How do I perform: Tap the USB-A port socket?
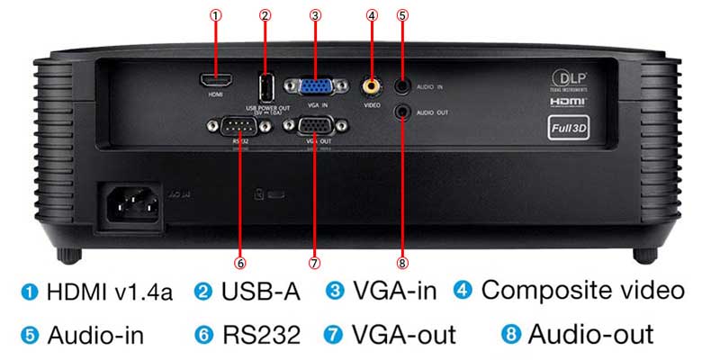pyautogui.click(x=265, y=86)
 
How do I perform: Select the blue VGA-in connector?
pyautogui.click(x=313, y=86)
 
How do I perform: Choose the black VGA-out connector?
pyautogui.click(x=313, y=127)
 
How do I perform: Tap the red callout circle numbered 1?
pyautogui.click(x=216, y=15)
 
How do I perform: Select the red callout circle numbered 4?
pyautogui.click(x=371, y=15)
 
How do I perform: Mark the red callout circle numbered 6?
pyautogui.click(x=239, y=264)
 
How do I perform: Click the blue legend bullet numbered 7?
pyautogui.click(x=336, y=336)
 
